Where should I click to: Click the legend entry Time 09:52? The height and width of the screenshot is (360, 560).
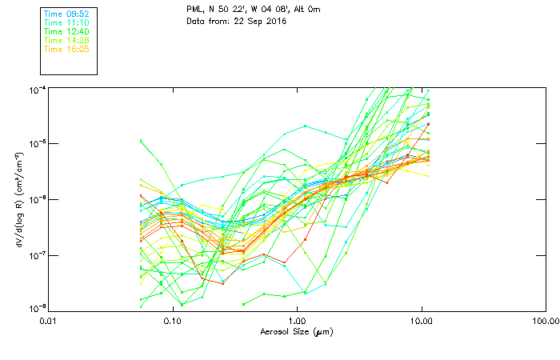(66, 14)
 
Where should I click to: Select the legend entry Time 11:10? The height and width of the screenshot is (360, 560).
(66, 22)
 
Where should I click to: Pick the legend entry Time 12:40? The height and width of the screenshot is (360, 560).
(66, 31)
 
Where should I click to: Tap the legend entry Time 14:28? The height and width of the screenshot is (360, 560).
(66, 40)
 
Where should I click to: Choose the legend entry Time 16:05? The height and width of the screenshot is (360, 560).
(66, 49)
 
